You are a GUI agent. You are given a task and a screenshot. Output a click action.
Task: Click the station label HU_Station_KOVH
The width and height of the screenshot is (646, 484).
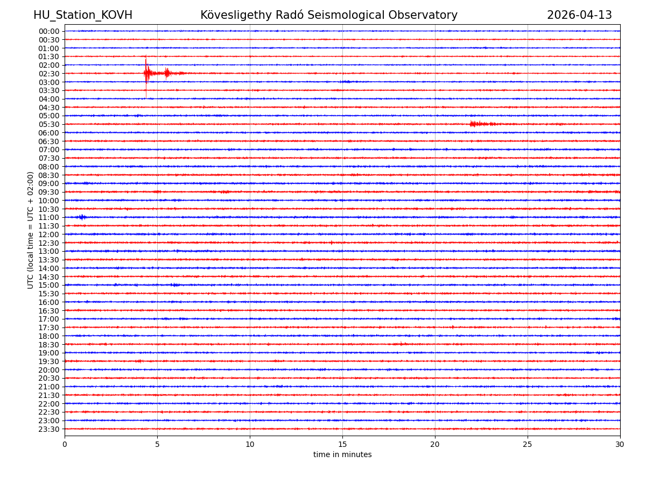[x=83, y=16]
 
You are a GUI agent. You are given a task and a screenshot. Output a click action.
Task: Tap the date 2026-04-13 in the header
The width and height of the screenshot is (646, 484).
[x=579, y=16]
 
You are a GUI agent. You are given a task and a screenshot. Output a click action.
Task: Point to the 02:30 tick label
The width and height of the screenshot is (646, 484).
[x=49, y=74]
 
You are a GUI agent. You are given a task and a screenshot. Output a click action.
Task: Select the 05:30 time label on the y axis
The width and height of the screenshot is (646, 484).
[x=49, y=124]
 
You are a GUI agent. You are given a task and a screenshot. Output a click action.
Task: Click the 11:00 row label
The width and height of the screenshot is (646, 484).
[x=49, y=217]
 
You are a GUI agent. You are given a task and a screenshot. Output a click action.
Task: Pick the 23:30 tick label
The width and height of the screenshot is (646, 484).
[x=49, y=429]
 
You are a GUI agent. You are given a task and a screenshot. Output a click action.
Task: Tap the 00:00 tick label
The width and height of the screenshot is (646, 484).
[x=49, y=31]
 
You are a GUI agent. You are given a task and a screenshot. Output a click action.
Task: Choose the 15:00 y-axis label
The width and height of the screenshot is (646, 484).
[x=49, y=285]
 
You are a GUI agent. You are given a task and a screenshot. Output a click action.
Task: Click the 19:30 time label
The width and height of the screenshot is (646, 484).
[x=49, y=361]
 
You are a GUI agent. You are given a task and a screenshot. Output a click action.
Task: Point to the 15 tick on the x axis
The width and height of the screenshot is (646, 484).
[x=342, y=445]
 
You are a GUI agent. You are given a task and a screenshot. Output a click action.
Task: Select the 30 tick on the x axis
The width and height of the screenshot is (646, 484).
[x=620, y=445]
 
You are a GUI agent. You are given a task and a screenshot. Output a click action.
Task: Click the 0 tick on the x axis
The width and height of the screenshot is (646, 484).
[x=65, y=445]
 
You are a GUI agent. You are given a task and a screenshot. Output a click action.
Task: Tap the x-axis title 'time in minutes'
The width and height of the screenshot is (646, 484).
[x=342, y=455]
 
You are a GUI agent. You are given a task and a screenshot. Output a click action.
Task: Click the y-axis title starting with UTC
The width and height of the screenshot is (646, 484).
[x=31, y=230]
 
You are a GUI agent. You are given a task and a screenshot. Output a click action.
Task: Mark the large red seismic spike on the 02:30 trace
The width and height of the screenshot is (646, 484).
[x=146, y=73]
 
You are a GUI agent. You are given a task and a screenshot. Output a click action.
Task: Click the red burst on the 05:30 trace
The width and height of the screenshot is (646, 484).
[x=475, y=124]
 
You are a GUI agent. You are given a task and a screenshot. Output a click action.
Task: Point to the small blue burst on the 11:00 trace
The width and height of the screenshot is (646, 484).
[x=82, y=217]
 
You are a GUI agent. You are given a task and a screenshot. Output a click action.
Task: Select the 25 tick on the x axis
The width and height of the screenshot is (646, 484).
[x=528, y=445]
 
